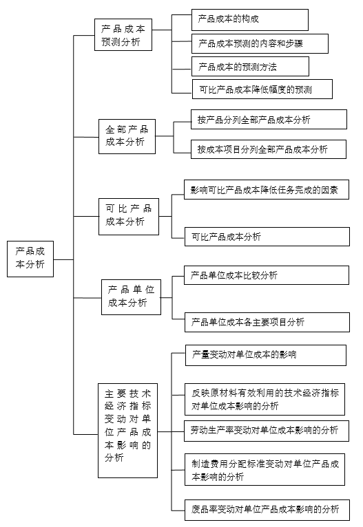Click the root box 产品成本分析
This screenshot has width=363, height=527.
[x=30, y=259]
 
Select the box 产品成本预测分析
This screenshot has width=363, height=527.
[x=123, y=34]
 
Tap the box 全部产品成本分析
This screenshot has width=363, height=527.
[x=127, y=136]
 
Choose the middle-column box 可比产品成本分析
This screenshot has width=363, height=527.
[x=129, y=217]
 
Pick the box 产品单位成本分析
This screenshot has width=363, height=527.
[x=131, y=297]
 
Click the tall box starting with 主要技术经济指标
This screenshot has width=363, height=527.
[x=128, y=431]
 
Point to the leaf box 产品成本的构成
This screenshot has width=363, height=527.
[x=250, y=20]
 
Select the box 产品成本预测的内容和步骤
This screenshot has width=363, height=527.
[x=260, y=44]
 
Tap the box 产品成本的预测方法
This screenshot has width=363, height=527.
[x=250, y=67]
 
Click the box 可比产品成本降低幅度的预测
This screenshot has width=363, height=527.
[x=262, y=89]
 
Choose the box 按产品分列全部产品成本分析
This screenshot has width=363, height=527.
[x=269, y=119]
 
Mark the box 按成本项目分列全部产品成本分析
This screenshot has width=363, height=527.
[x=269, y=149]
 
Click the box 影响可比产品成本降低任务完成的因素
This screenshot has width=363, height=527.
[x=267, y=190]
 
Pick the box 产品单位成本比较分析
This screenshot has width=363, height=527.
[x=267, y=275]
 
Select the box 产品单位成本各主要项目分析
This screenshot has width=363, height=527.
[x=267, y=322]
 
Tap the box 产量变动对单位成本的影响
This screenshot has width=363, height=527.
[x=266, y=355]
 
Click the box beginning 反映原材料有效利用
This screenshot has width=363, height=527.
[x=265, y=399]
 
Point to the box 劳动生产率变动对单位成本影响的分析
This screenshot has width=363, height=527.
[x=267, y=431]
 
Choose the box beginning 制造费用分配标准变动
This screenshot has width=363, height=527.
[x=265, y=469]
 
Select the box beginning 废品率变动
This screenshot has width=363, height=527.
[x=267, y=510]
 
